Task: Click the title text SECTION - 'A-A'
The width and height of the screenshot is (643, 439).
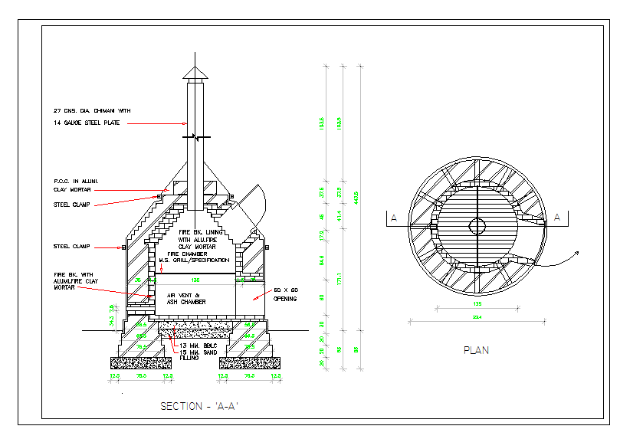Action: [199, 406]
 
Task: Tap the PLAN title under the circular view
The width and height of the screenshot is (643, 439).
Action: [476, 350]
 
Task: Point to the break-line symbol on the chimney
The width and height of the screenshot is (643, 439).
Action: [195, 137]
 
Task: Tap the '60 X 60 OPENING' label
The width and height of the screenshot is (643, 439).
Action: [288, 294]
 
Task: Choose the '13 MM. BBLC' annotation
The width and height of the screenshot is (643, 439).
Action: [195, 346]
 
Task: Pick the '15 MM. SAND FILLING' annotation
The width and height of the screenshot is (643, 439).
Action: [196, 354]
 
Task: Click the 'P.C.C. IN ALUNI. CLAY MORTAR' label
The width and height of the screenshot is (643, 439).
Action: [77, 185]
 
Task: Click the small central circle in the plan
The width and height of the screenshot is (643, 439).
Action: [477, 225]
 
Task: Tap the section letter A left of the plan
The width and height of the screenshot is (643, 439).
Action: [394, 218]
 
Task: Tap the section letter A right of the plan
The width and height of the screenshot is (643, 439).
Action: [557, 218]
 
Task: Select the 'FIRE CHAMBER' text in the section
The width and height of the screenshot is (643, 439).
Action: [177, 254]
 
